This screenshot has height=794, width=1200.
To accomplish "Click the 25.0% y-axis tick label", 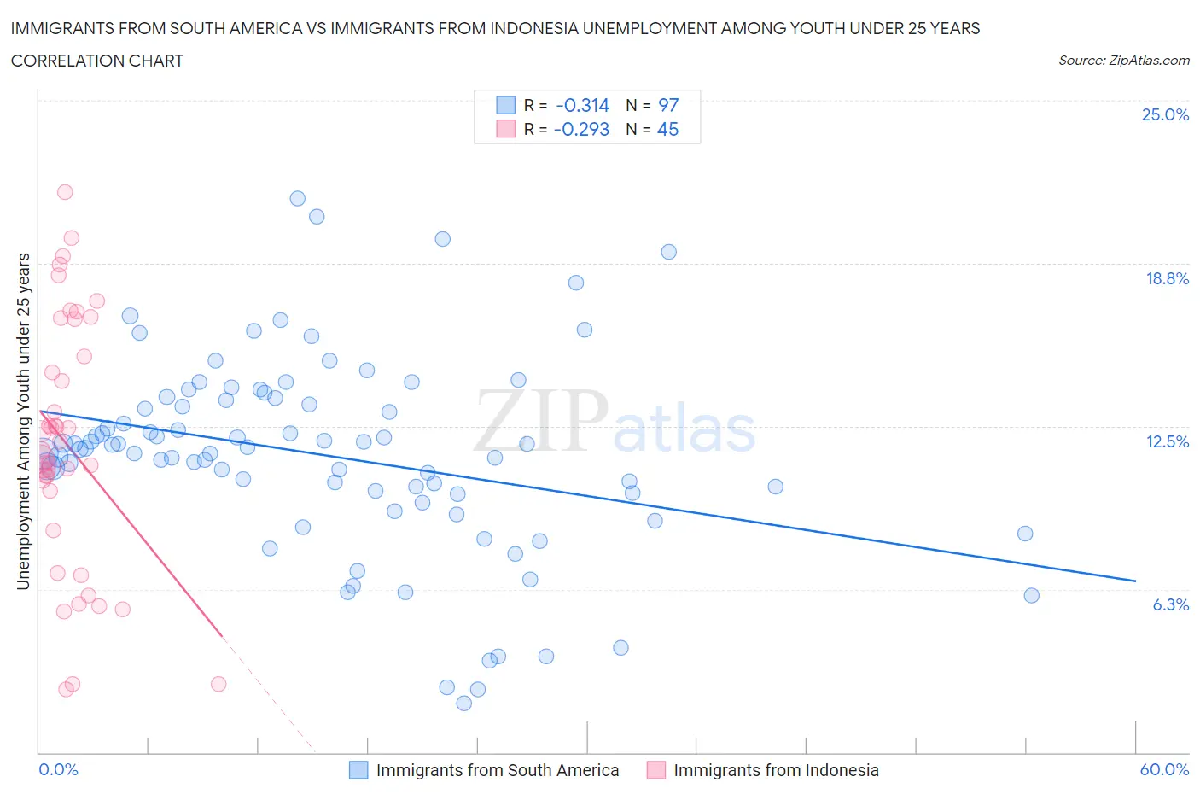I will tap(1165, 114).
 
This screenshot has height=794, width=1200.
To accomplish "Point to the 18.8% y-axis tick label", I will tap(1167, 278).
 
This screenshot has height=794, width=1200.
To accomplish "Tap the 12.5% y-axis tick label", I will tap(1167, 441).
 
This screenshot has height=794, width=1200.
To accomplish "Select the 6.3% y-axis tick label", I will tap(1170, 604).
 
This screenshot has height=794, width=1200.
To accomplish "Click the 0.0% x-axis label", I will tap(58, 769).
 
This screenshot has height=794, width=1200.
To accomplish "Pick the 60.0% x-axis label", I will tap(1164, 769).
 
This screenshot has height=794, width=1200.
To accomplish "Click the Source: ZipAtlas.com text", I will tap(1123, 60).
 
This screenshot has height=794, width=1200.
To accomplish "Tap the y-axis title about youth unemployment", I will tap(23, 421).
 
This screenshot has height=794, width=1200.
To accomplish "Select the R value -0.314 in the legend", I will tap(582, 105).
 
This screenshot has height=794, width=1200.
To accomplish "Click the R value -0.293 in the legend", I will tap(581, 129).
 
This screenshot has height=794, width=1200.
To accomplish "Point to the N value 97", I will tap(668, 105).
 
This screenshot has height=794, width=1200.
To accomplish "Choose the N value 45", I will tap(667, 129).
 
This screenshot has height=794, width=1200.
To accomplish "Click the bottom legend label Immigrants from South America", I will tap(498, 770).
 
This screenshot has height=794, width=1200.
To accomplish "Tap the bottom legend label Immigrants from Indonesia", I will tap(776, 770).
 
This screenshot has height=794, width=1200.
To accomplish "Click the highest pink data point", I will tap(65, 192).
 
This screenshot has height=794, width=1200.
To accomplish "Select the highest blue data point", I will tap(298, 198).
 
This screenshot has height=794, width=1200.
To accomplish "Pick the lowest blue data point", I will tap(464, 703).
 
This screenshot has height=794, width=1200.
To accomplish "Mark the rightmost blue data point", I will tap(1031, 595).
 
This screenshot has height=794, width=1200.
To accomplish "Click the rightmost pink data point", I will tap(218, 684).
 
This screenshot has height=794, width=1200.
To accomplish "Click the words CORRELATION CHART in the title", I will tap(97, 61).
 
